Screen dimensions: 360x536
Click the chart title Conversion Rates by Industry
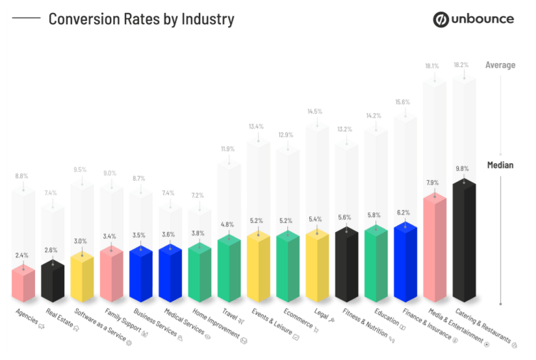click(141, 19)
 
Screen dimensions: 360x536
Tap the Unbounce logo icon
click(442, 19)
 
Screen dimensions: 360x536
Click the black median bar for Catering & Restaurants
click(464, 244)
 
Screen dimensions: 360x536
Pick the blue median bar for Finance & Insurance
click(405, 263)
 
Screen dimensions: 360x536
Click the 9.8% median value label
click(462, 168)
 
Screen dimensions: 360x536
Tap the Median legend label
click(500, 165)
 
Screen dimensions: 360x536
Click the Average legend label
click(500, 65)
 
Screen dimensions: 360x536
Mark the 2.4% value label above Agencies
click(23, 255)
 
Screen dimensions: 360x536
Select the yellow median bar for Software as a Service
click(82, 277)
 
